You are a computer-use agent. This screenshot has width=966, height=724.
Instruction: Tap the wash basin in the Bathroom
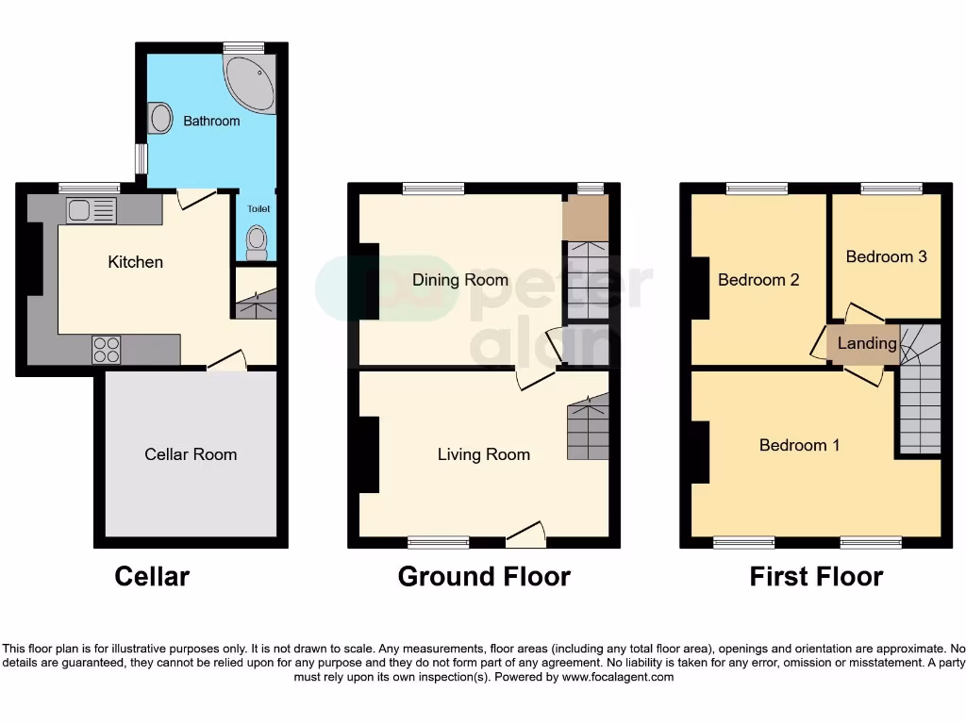click(x=161, y=119)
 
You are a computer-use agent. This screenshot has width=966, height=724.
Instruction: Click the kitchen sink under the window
click(x=90, y=209)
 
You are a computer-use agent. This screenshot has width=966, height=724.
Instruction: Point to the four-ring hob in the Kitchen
click(x=106, y=350)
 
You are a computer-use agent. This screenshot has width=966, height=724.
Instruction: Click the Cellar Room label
click(x=191, y=454)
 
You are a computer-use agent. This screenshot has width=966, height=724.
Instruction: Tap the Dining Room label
click(x=460, y=280)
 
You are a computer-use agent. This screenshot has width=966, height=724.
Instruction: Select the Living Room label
click(x=484, y=454)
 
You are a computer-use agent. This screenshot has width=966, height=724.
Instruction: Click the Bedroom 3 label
click(x=886, y=256)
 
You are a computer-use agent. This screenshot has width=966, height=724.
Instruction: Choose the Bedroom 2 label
click(x=758, y=280)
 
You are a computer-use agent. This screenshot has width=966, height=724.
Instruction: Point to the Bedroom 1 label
click(x=799, y=445)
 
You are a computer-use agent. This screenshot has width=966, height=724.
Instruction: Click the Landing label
click(x=867, y=343)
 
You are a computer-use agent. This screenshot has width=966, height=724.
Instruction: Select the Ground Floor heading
click(x=484, y=576)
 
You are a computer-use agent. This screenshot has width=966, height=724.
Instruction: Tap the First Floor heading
click(x=816, y=576)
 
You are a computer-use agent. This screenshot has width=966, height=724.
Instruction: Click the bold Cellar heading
click(x=152, y=576)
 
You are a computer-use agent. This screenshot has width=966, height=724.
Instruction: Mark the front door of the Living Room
click(x=525, y=535)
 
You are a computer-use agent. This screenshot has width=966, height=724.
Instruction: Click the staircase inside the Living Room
click(x=588, y=429)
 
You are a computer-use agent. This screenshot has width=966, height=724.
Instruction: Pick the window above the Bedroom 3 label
click(x=891, y=189)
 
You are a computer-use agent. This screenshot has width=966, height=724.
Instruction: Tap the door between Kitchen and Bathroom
click(x=195, y=197)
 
